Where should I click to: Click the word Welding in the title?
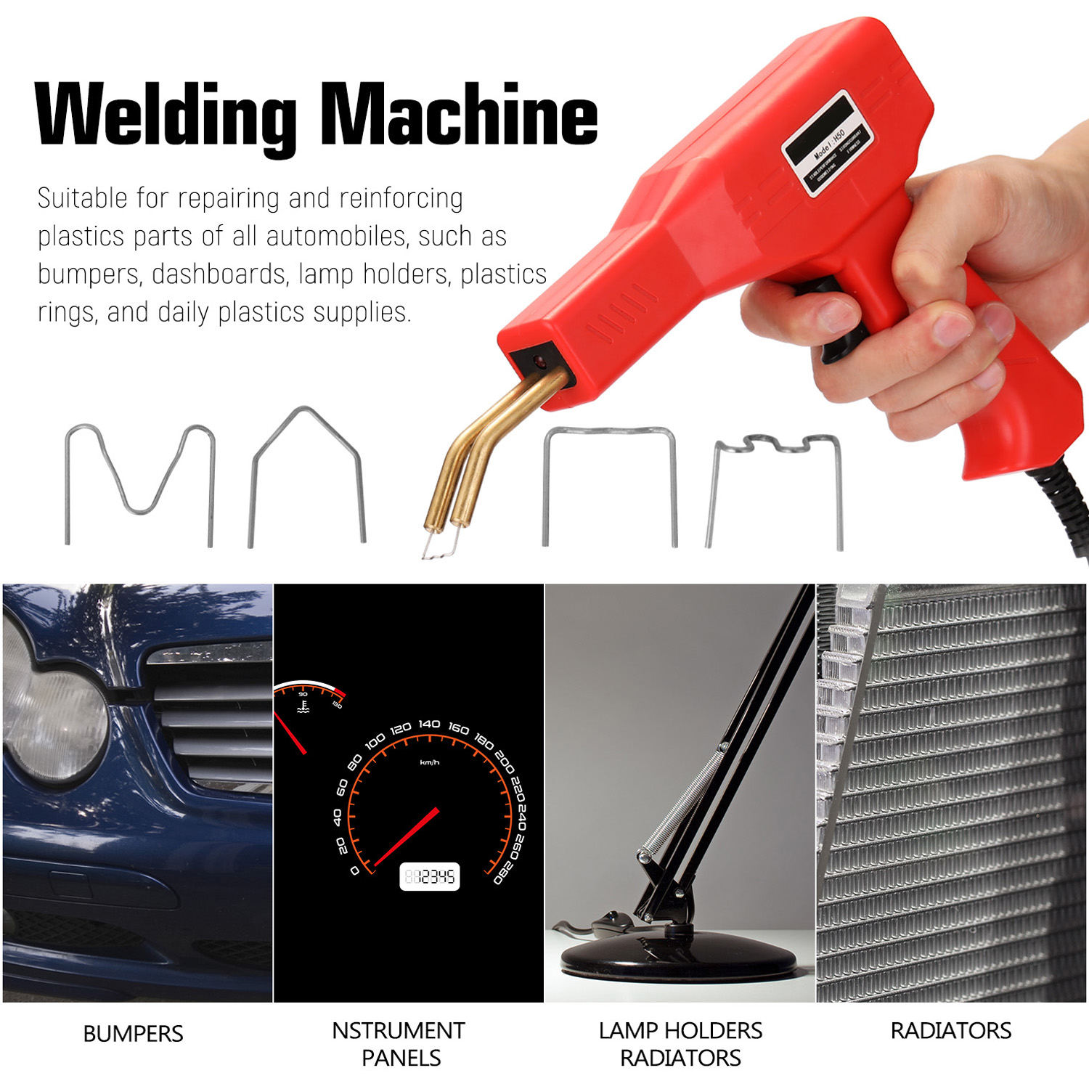tap(166, 115)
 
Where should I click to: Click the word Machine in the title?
tap(459, 115)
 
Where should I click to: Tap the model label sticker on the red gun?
tap(828, 144)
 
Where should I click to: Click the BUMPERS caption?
tap(133, 1033)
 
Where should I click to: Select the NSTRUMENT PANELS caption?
tap(399, 1043)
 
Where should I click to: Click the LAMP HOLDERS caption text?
tap(680, 1030)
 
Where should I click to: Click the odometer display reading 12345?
tap(430, 876)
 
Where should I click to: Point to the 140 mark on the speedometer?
tap(429, 724)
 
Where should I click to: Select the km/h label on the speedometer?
tap(429, 762)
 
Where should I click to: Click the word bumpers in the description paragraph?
tap(89, 274)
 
